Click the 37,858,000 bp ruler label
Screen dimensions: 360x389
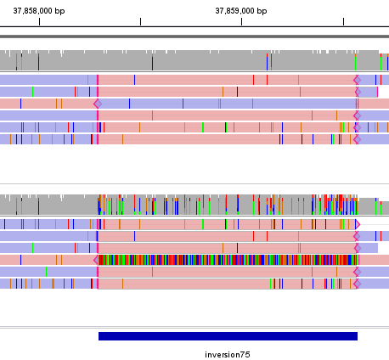[x=39, y=11]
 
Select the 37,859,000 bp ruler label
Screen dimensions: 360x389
[x=241, y=11]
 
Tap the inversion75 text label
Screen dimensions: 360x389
[x=228, y=354]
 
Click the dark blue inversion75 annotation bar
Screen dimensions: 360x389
[x=228, y=336]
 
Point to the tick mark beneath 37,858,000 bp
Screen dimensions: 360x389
[x=39, y=21]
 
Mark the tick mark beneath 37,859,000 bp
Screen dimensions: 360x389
[x=241, y=21]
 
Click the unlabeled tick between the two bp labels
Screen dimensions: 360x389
[x=140, y=21]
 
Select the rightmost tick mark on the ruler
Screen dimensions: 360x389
[x=343, y=21]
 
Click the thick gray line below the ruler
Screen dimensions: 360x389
[x=194, y=37]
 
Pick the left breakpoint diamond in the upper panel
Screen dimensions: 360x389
[x=98, y=104]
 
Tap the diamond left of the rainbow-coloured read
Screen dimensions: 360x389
[x=96, y=260]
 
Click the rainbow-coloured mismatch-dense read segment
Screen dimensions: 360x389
[x=226, y=260]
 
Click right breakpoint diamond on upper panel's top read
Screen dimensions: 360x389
[x=358, y=80]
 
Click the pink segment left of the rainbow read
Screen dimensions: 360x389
[x=47, y=260]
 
